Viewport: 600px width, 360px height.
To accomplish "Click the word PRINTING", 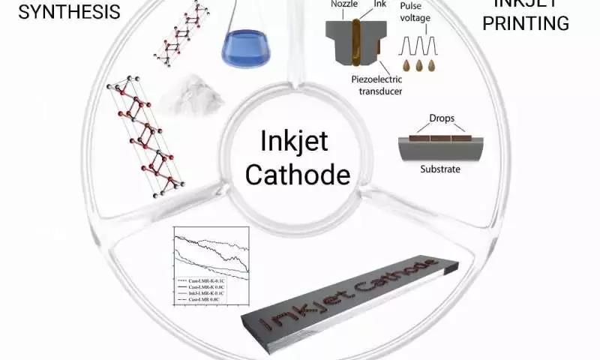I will (531, 23).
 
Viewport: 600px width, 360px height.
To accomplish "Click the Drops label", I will (441, 118).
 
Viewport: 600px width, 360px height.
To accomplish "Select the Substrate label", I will (440, 169).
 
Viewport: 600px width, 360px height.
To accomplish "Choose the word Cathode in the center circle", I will (298, 174).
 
